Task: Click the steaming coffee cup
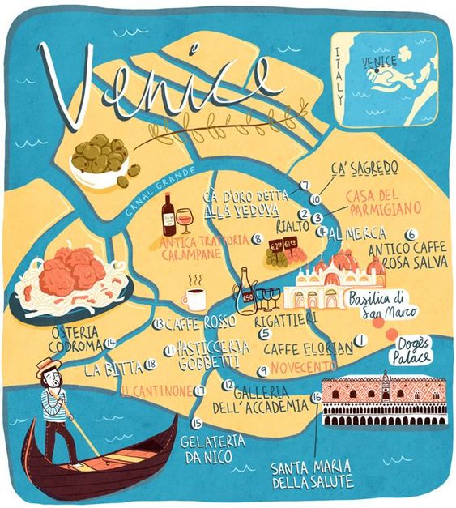coord(194,298)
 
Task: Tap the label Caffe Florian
coord(308,349)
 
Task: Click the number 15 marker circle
coord(195,422)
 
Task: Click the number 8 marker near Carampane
coord(257,239)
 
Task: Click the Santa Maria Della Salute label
coord(313,473)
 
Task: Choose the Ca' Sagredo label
coord(364,168)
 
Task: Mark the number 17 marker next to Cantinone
coord(198,391)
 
